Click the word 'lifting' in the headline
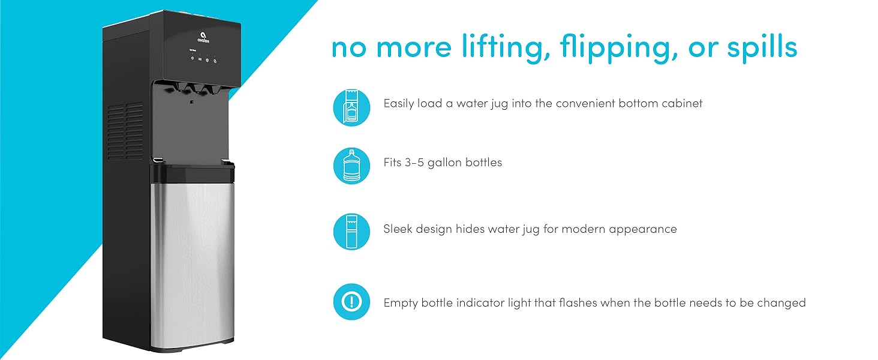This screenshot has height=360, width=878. coord(506,46)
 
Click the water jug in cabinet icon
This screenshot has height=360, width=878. coord(351,107)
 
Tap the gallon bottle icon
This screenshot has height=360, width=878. coord(351,166)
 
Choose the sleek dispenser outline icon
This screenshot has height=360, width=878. coord(351,232)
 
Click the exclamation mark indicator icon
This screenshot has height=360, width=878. coord(351,302)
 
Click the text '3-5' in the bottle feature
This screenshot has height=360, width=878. coord(414,163)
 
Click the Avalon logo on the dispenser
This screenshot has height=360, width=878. coord(203,38)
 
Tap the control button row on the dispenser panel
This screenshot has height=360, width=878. coord(203,59)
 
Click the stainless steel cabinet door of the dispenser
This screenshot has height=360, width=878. coord(192,265)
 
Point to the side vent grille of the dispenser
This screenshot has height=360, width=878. coord(125,131)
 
